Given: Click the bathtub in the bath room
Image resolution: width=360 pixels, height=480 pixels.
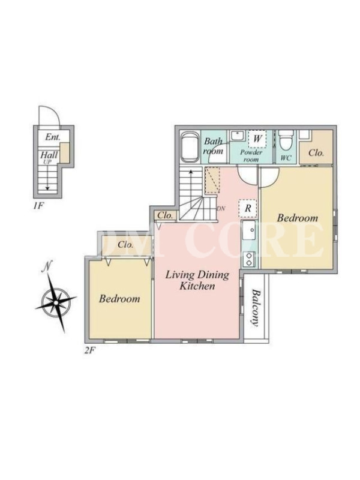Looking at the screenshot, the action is [x=190, y=146].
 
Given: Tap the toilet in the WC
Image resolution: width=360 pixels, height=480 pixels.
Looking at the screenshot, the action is [x=286, y=140].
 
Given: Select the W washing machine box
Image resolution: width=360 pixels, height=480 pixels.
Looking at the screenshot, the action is [x=257, y=139].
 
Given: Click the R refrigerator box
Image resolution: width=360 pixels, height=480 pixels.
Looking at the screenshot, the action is [x=248, y=208].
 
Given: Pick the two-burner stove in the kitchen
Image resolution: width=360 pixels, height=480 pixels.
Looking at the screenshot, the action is [x=249, y=259].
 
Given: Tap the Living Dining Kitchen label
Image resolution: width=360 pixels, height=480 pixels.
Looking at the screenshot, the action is [x=197, y=280].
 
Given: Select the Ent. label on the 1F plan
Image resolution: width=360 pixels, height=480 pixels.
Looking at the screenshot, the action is [x=53, y=137].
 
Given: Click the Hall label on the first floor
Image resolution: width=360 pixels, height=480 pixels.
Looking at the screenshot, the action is [x=49, y=154].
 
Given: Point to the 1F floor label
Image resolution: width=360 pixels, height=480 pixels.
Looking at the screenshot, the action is [x=39, y=206].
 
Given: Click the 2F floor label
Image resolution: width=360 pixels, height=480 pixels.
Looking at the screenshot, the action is [x=89, y=350].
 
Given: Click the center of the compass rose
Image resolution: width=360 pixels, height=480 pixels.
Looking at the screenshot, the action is [x=56, y=302].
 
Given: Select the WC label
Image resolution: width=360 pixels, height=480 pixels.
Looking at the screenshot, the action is [x=286, y=158].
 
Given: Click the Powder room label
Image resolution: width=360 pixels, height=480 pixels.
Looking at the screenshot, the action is [x=251, y=156].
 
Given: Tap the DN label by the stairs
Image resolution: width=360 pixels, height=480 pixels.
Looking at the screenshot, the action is [x=221, y=208].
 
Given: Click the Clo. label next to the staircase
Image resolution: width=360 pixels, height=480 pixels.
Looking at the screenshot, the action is [x=166, y=215].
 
